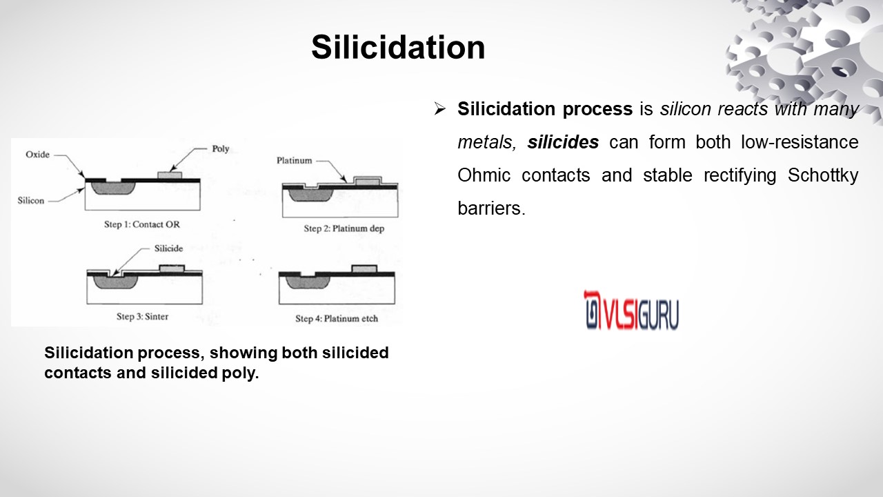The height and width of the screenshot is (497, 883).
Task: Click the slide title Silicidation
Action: click(x=398, y=48)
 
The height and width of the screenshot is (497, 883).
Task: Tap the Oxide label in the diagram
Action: click(x=37, y=154)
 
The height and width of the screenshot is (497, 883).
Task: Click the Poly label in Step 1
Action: click(x=220, y=148)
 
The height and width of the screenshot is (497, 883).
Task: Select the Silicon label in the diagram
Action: click(x=31, y=200)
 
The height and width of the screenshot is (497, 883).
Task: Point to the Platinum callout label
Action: click(x=294, y=161)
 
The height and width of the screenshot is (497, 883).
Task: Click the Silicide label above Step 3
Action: click(x=168, y=248)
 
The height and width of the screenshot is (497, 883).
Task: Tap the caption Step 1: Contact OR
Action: click(x=142, y=224)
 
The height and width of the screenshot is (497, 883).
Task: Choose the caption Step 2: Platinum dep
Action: click(x=344, y=228)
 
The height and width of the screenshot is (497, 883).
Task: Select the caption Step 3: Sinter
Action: click(x=142, y=316)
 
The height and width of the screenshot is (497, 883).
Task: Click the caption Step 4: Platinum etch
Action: click(x=337, y=318)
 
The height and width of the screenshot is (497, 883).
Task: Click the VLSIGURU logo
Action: click(x=631, y=310)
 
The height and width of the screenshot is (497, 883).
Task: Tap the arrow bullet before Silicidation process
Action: click(x=439, y=108)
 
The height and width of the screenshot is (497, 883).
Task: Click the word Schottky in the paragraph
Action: click(x=823, y=175)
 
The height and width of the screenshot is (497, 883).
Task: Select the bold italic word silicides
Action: click(x=563, y=142)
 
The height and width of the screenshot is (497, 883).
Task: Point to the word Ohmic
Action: click(x=484, y=175)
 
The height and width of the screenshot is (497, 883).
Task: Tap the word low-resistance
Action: click(x=800, y=142)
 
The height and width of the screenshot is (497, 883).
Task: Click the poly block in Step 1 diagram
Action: click(x=170, y=175)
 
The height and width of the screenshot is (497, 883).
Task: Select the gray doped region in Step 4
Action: click(x=308, y=282)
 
